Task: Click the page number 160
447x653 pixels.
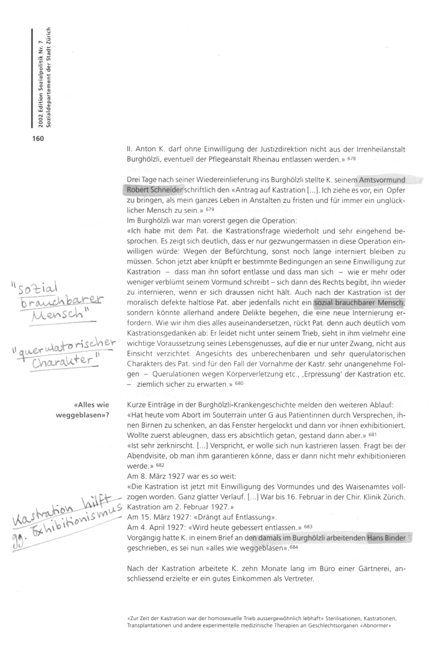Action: tap(38, 139)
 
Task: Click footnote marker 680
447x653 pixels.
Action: tap(238, 385)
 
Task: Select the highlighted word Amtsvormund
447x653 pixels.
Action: tap(382, 180)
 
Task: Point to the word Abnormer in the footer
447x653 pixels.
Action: tap(381, 627)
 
